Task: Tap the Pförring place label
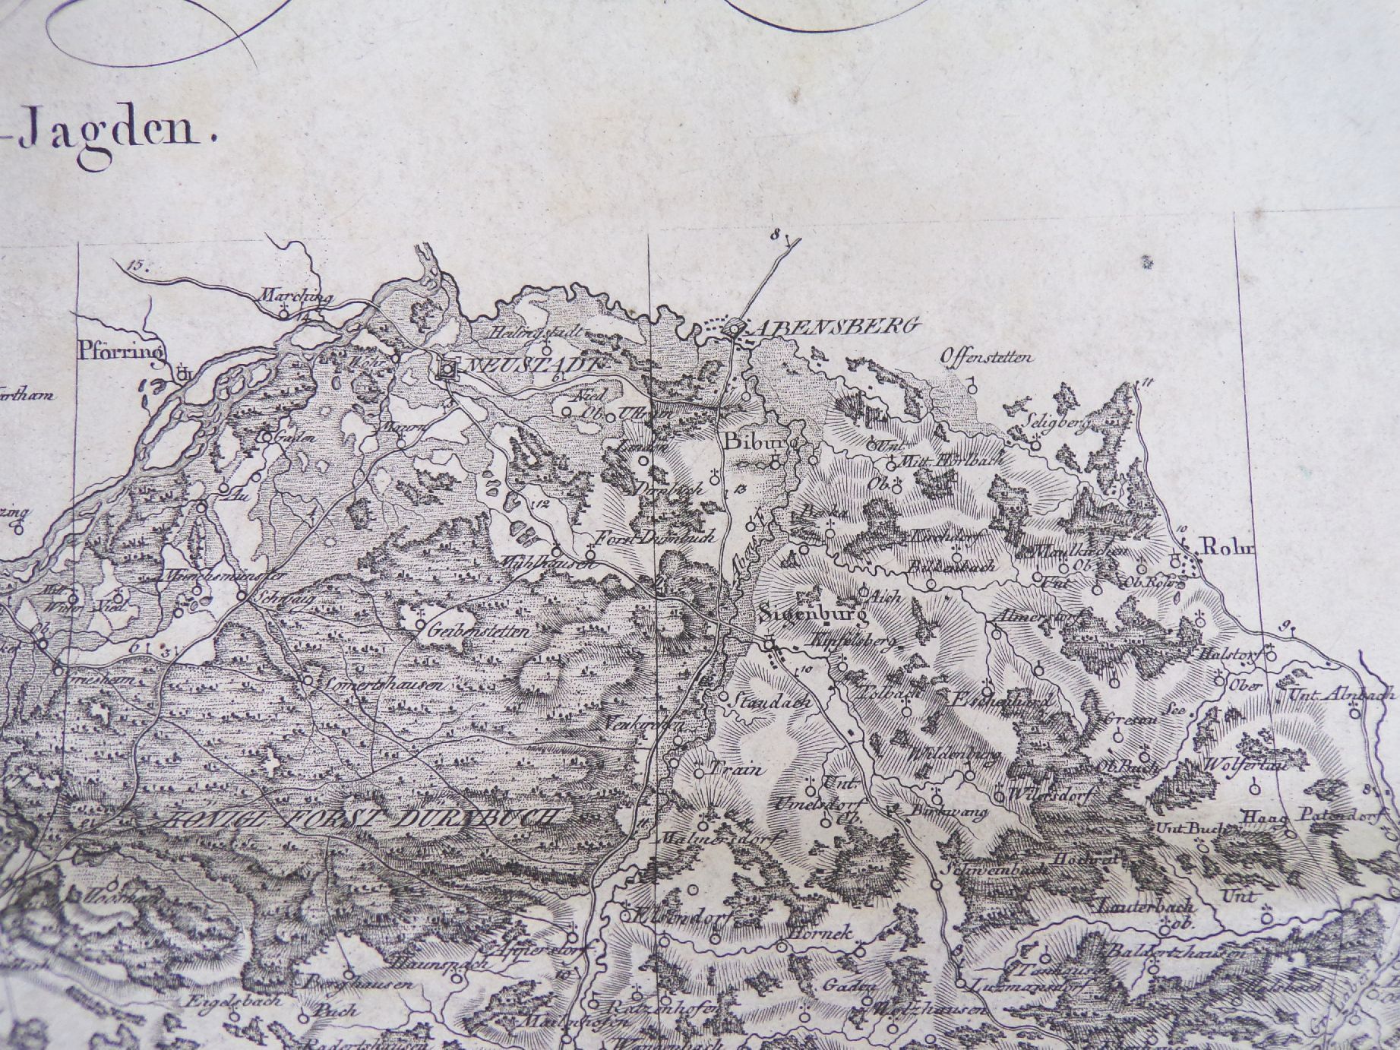[122, 351]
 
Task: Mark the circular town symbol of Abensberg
[734, 328]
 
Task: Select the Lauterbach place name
[1146, 906]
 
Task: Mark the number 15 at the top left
[136, 266]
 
